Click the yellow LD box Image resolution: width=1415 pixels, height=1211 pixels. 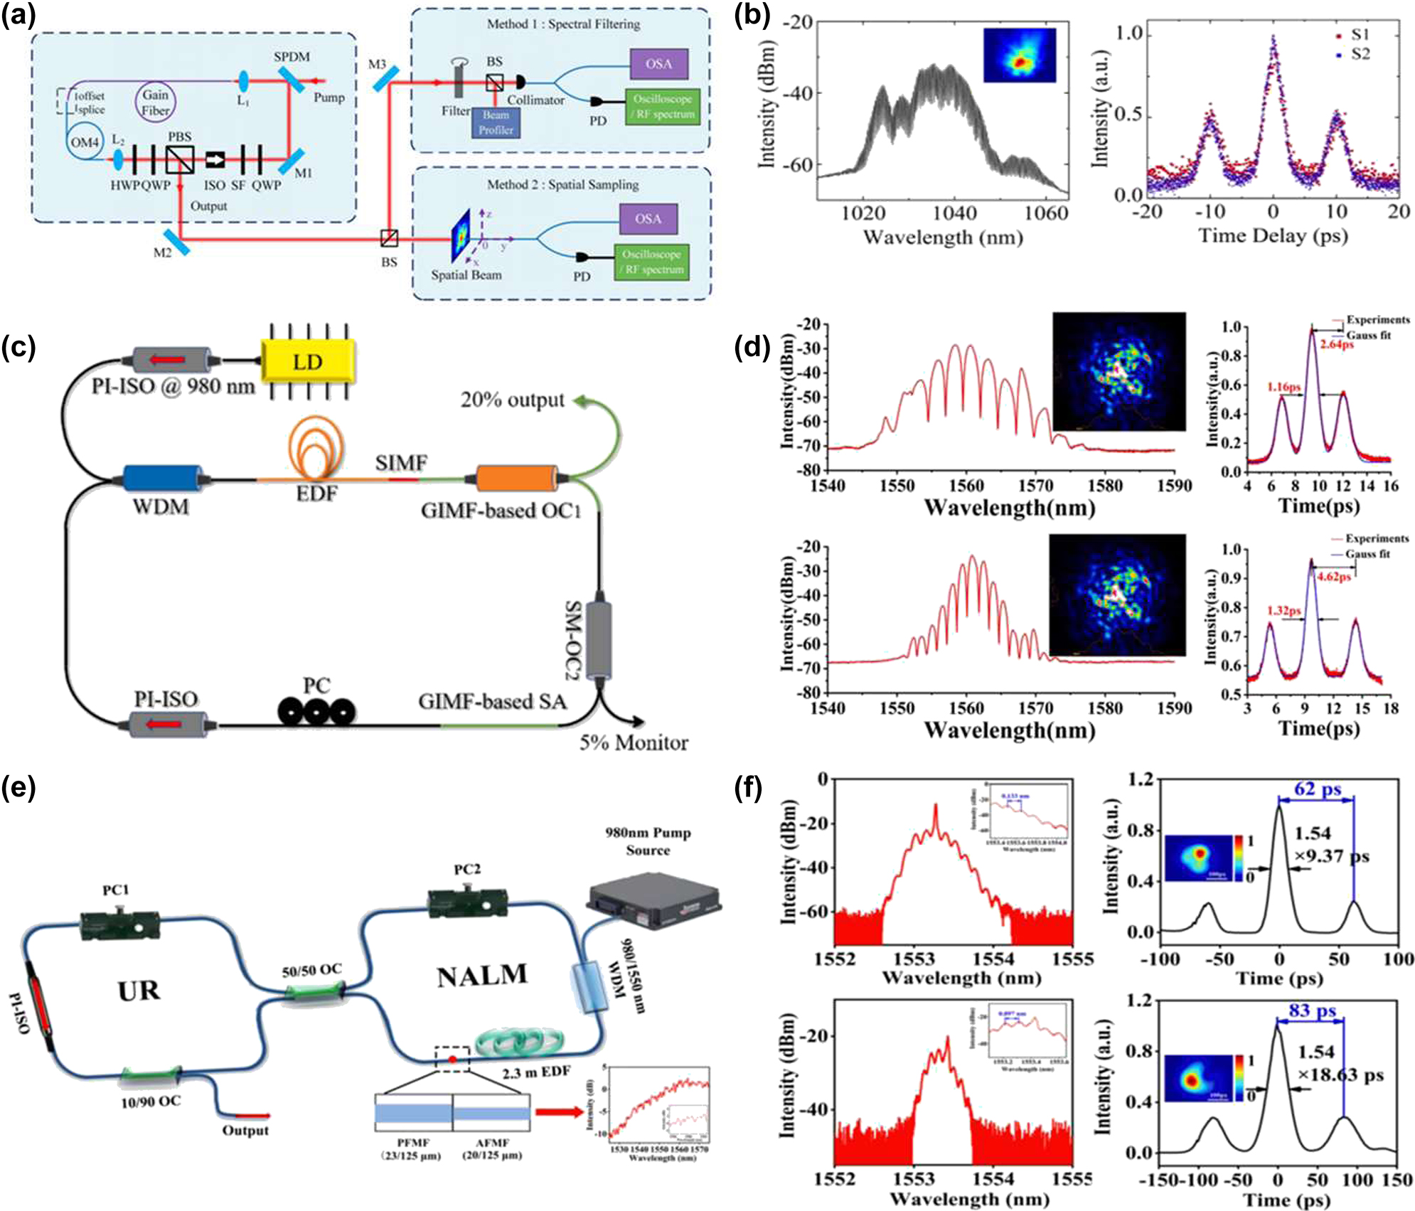click(x=307, y=362)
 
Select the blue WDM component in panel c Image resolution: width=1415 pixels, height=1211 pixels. click(x=162, y=479)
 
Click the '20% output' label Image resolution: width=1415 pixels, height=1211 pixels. click(x=512, y=400)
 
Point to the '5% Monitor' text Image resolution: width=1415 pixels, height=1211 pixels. click(x=633, y=743)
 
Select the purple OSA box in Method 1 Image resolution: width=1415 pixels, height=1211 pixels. click(x=658, y=64)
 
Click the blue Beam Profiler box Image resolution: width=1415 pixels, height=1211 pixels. click(x=496, y=122)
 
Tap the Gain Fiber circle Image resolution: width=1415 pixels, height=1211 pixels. click(x=155, y=102)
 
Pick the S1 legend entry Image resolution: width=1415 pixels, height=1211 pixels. click(x=1352, y=34)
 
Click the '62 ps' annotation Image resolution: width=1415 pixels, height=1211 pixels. click(x=1317, y=789)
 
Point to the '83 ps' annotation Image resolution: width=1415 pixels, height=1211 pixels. click(x=1312, y=1010)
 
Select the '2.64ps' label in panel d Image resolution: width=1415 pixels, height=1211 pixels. click(x=1337, y=344)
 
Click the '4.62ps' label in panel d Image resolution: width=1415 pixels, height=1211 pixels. click(x=1333, y=577)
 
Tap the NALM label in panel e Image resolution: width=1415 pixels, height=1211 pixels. click(x=482, y=976)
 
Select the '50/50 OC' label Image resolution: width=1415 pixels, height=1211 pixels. click(x=311, y=970)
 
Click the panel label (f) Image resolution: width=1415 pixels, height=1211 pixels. click(x=747, y=788)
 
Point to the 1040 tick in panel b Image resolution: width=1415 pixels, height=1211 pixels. click(x=954, y=213)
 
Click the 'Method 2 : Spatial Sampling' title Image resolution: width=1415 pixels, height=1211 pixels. click(x=562, y=185)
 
